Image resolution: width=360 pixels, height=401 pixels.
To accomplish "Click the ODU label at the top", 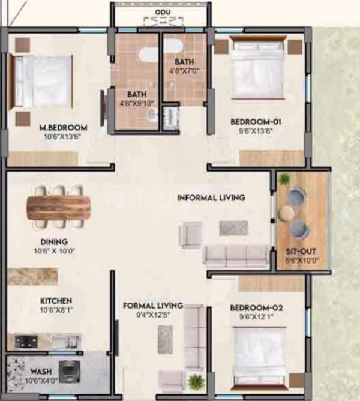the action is [x=163, y=12].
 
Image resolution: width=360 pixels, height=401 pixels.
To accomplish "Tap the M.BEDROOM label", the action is [x=63, y=127].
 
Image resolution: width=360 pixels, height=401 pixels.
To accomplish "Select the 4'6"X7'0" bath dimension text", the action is [x=184, y=71].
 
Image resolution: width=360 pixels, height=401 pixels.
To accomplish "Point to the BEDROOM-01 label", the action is [x=256, y=122].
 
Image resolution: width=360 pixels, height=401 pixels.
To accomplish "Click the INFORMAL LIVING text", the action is [x=211, y=197].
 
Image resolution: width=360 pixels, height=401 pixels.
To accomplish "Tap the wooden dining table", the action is [x=59, y=207].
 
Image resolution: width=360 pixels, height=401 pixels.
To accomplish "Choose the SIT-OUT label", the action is [x=301, y=251].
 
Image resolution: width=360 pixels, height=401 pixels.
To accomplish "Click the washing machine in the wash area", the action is [x=69, y=372].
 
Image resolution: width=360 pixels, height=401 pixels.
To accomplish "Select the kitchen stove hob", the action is [x=26, y=342].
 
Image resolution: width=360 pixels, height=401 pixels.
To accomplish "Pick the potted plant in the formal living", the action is [x=196, y=382].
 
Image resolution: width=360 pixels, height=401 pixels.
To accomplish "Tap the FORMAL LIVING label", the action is [x=153, y=306].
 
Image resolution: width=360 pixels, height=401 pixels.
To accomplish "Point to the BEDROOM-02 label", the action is [x=256, y=307].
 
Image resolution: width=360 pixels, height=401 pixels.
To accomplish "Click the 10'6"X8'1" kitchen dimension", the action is [x=56, y=310].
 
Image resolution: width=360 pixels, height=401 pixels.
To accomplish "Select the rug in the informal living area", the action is [x=233, y=228].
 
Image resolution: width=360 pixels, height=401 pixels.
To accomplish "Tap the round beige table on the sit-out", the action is [x=286, y=213].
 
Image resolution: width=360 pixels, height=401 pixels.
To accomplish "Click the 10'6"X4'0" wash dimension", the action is [x=41, y=380].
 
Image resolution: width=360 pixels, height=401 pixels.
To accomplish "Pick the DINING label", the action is [x=54, y=241].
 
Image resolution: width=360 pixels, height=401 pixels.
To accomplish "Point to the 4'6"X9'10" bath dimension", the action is [x=137, y=103].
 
